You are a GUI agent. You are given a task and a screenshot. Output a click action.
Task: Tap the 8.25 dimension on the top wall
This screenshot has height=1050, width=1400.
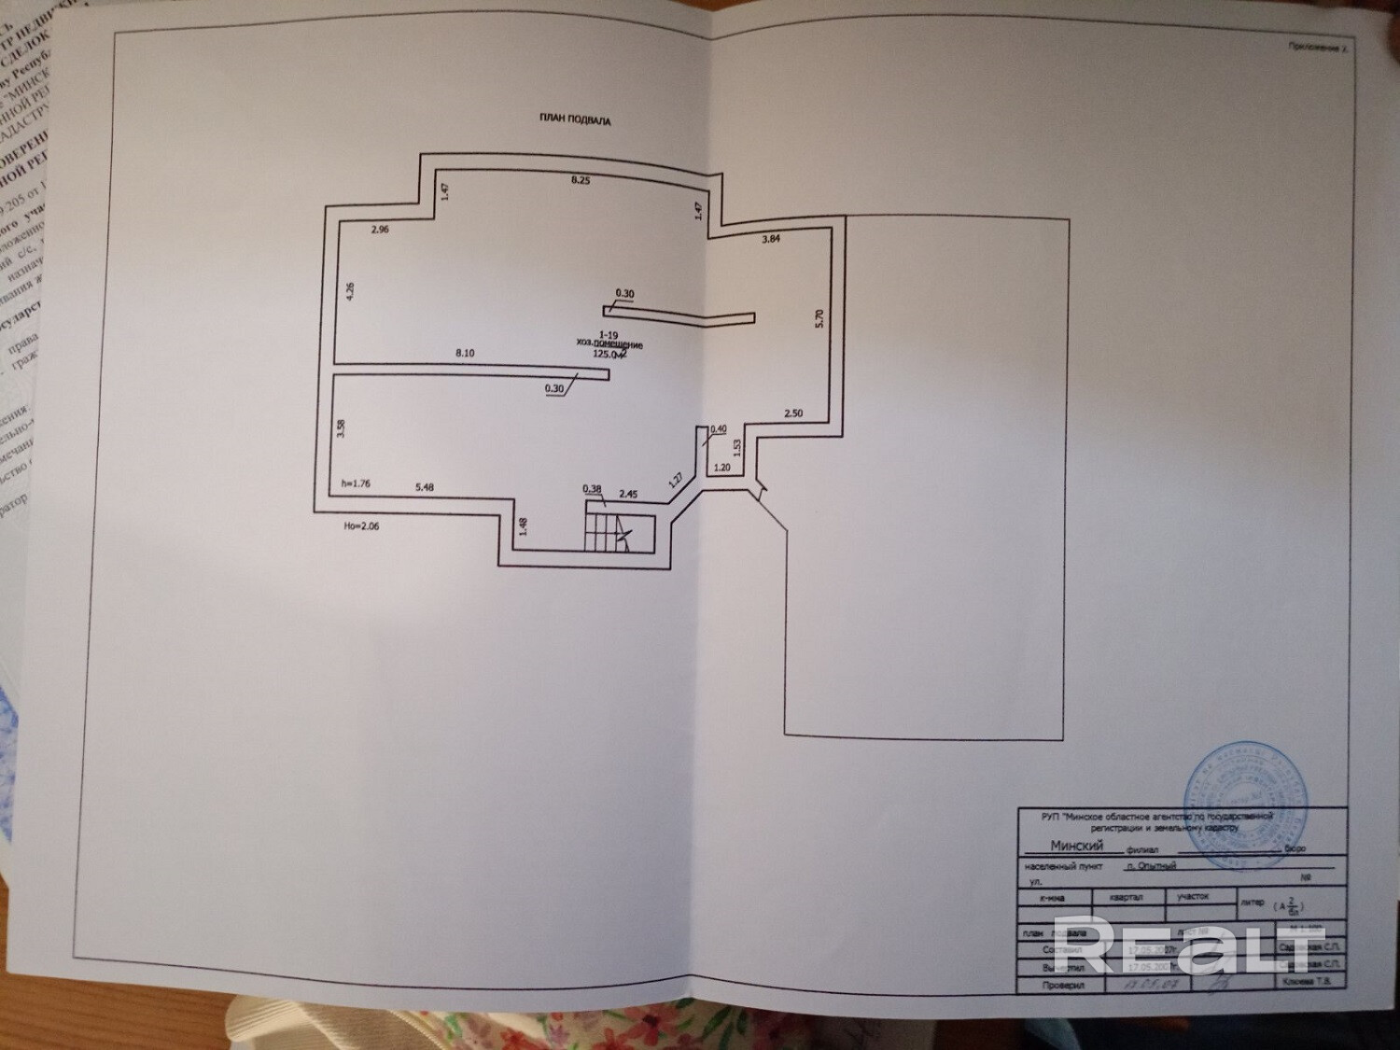click(x=581, y=180)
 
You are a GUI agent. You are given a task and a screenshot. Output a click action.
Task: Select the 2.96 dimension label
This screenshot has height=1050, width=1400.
click(x=380, y=229)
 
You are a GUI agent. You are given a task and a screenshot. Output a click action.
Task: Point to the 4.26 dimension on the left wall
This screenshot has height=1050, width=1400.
click(x=350, y=290)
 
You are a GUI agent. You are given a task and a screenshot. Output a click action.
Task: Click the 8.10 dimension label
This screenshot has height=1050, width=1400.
click(x=465, y=352)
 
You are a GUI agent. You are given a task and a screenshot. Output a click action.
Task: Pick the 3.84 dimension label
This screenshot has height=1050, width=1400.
click(x=770, y=240)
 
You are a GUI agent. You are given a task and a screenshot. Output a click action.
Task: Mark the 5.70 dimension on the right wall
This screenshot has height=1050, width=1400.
click(x=819, y=318)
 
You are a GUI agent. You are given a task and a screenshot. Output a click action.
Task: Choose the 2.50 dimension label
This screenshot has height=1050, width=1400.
click(x=792, y=413)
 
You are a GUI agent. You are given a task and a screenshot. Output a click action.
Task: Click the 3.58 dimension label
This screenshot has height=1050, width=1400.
click(x=343, y=430)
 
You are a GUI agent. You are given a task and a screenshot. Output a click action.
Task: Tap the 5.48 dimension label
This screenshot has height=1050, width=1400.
click(x=425, y=486)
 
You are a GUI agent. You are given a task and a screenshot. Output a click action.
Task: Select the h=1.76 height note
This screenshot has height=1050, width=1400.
click(x=357, y=483)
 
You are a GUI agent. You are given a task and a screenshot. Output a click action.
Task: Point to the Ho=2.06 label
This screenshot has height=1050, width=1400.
click(x=362, y=525)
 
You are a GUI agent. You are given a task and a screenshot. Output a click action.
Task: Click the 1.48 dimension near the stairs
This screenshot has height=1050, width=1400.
click(x=524, y=527)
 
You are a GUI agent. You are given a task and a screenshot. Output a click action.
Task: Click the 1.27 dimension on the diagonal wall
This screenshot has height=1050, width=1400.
click(x=675, y=480)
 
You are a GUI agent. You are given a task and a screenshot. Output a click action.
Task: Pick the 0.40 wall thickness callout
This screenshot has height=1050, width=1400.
click(x=718, y=429)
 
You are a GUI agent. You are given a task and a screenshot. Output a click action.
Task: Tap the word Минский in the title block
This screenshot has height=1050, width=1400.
click(x=1077, y=846)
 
